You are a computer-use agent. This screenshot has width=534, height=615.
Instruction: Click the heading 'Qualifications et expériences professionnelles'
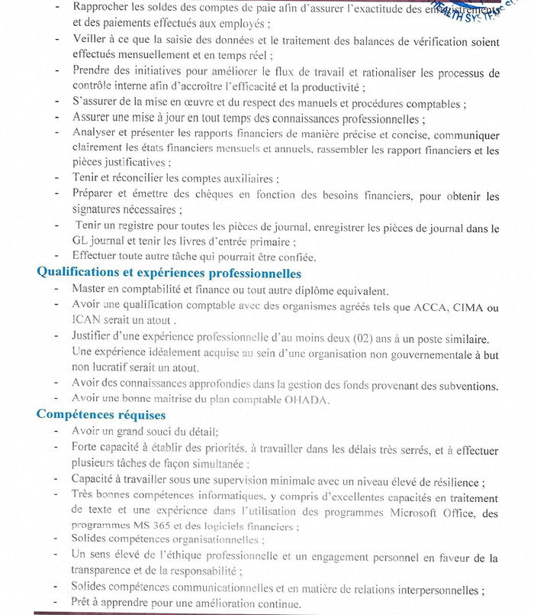pos(169,274)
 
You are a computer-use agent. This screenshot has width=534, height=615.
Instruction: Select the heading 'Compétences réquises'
pos(101,415)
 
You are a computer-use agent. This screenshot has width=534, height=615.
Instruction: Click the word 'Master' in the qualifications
pos(90,290)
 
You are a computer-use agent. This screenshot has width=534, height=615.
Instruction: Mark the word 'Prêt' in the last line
pos(84,604)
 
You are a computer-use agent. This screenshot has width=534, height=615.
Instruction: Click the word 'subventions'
pos(464,385)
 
